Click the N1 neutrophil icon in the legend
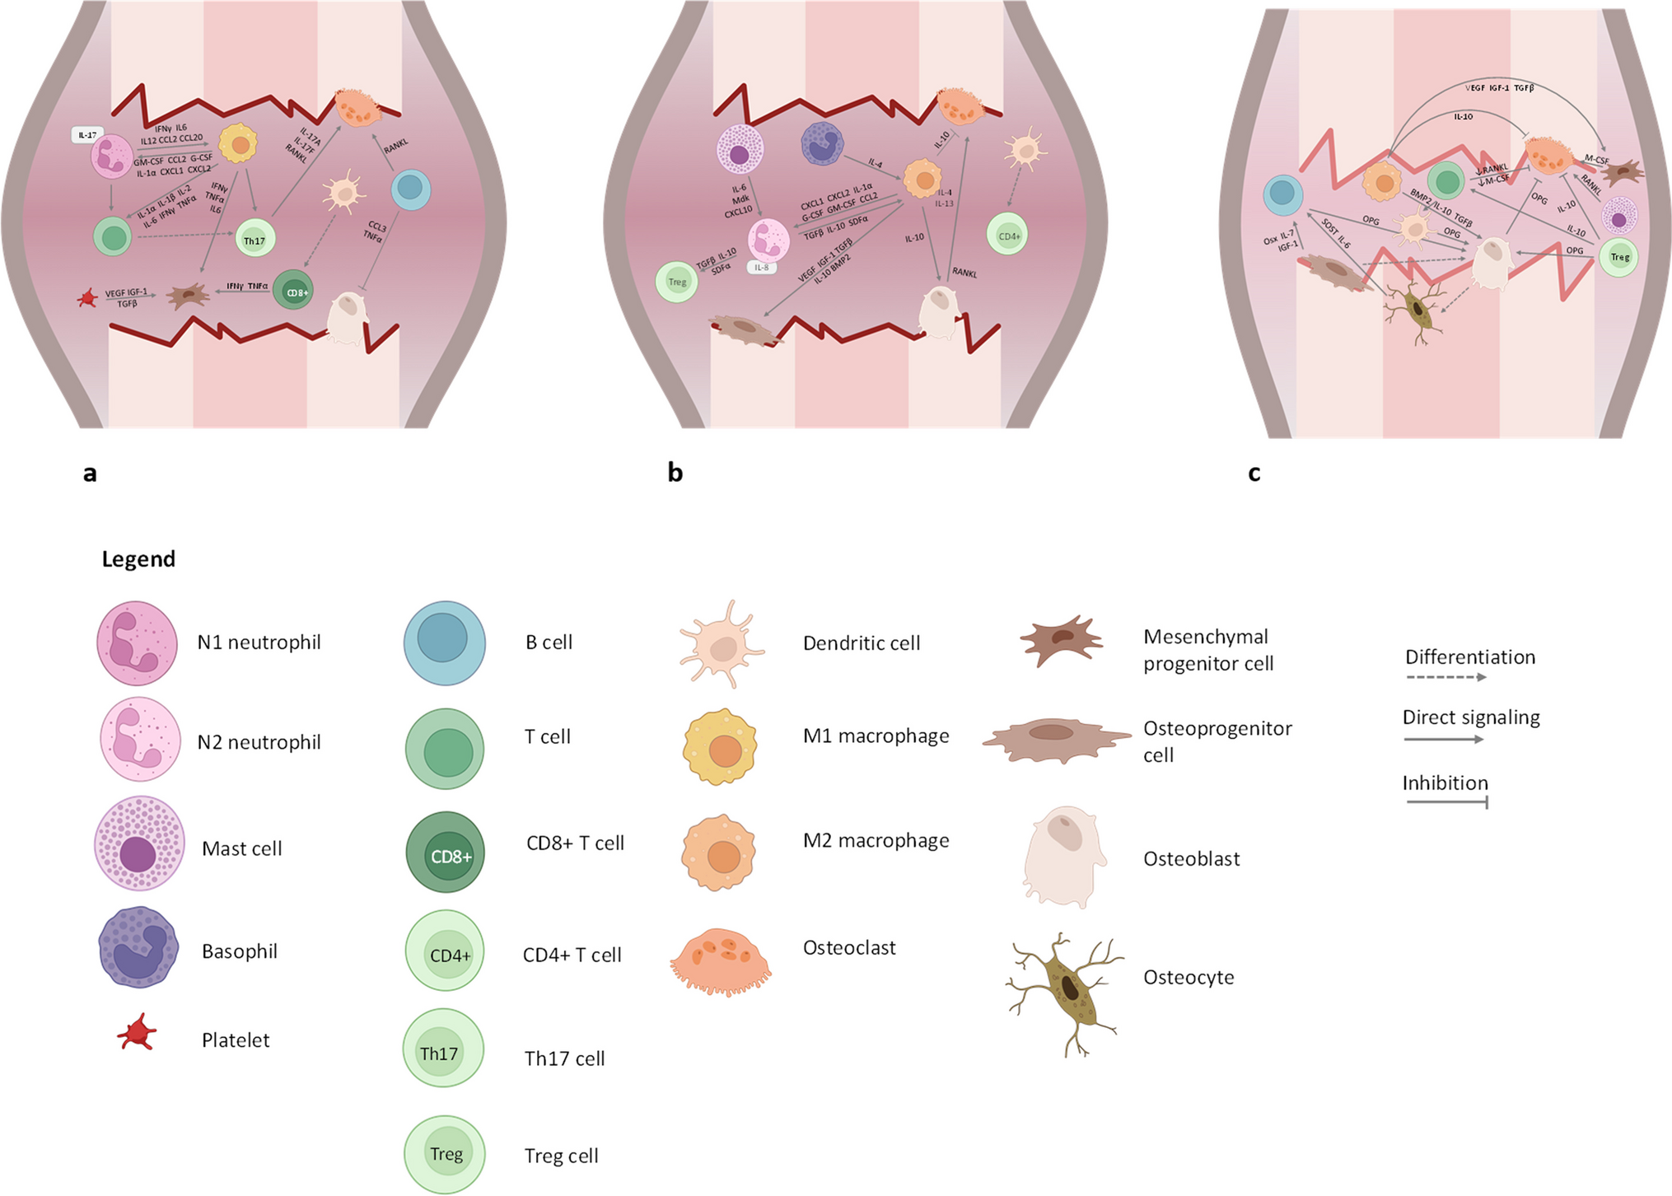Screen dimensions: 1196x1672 [x=137, y=643]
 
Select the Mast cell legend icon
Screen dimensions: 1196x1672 [x=138, y=843]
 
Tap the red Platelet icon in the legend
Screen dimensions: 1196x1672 [x=136, y=1033]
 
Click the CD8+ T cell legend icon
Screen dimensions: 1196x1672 [x=446, y=853]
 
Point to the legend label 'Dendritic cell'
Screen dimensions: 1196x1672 [x=861, y=643]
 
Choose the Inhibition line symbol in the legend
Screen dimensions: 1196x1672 [x=1446, y=801]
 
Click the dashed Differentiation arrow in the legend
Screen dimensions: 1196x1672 [x=1445, y=677]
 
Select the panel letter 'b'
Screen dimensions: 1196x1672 [x=675, y=473]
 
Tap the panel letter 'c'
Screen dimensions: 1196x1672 [x=1254, y=473]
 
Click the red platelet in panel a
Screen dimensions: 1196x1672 [x=87, y=297]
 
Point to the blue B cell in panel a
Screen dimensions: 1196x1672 [x=409, y=190]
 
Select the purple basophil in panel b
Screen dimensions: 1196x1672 [x=822, y=143]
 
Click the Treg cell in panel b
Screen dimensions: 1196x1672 [x=677, y=282]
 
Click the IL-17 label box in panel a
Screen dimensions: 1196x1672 [x=87, y=134]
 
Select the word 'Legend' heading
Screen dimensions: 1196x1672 [x=138, y=559]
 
